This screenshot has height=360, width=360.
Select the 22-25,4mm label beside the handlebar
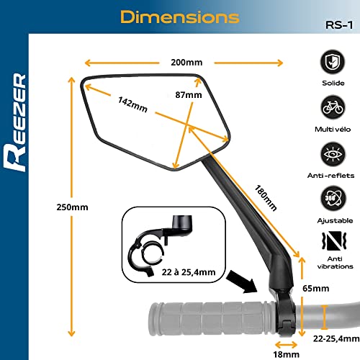point(333,337)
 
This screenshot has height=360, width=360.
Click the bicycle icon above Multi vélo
point(333,108)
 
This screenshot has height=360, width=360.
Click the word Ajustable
point(333,222)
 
